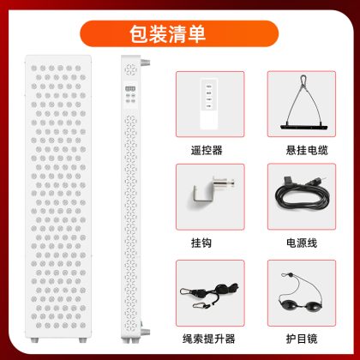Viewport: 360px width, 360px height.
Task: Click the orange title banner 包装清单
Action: click(179, 33)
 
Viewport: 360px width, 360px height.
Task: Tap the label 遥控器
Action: click(207, 150)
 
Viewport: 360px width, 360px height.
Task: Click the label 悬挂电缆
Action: click(307, 150)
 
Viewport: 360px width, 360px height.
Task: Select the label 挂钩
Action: click(201, 243)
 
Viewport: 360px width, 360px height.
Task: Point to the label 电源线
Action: click(302, 243)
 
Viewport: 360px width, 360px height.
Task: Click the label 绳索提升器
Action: click(209, 339)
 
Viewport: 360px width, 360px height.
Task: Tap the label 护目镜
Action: click(302, 339)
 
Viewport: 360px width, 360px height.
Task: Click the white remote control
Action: click(209, 104)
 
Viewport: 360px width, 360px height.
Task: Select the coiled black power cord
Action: click(302, 195)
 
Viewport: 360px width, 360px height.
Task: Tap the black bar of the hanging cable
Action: click(303, 126)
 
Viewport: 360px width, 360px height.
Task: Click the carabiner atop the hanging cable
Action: click(303, 81)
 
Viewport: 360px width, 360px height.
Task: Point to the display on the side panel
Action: click(130, 88)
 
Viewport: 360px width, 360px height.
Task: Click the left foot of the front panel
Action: click(34, 340)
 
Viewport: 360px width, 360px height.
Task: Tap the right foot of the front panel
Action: click(82, 340)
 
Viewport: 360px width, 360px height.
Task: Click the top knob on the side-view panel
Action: click(146, 63)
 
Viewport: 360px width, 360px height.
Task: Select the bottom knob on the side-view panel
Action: click(146, 332)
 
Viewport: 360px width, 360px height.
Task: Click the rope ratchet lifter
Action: click(210, 294)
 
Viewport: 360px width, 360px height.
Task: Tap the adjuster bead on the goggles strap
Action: click(290, 275)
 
